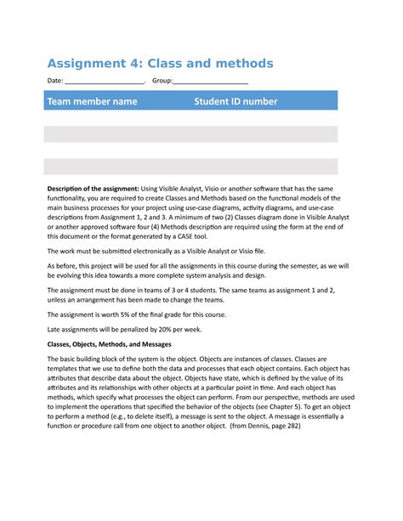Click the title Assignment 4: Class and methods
coord(160,64)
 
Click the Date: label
coord(55,82)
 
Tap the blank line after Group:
coord(211,82)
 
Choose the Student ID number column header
coord(236,101)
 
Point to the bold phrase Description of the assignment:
coord(93,188)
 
